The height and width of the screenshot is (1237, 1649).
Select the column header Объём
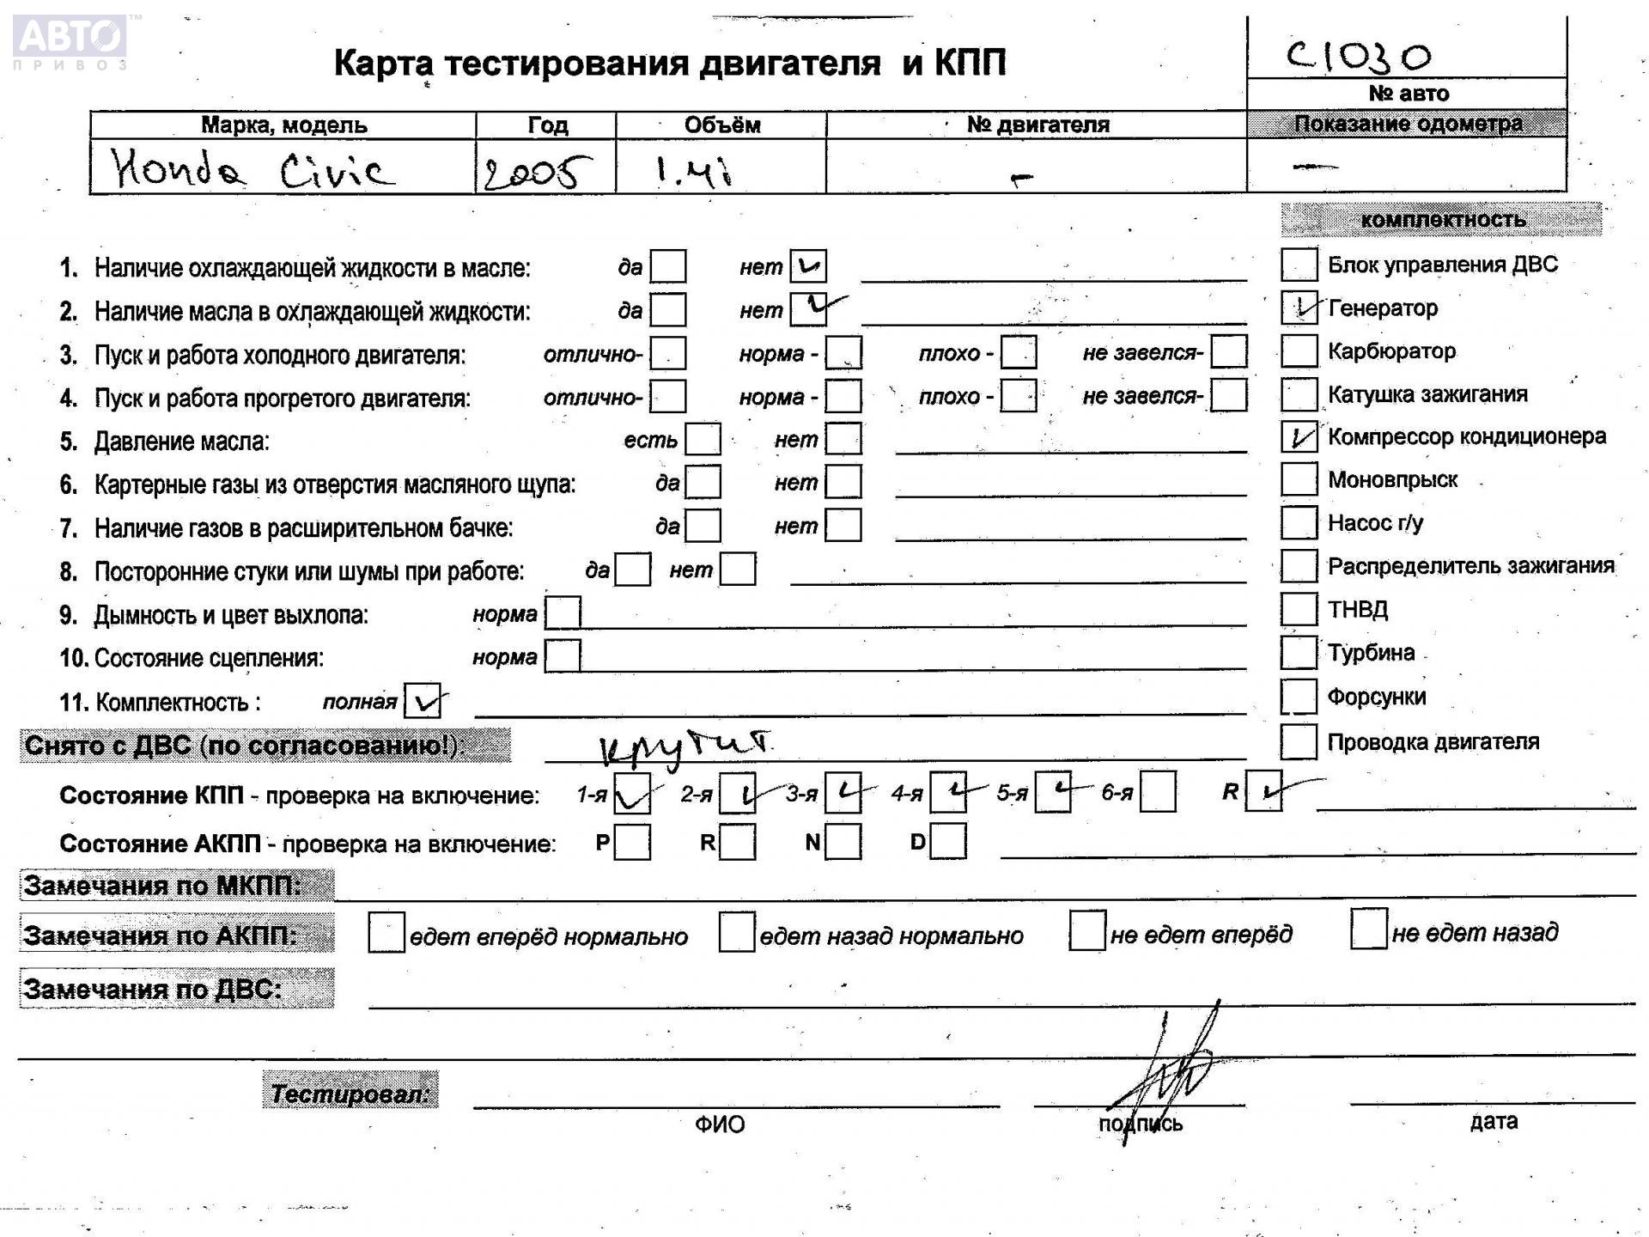click(721, 125)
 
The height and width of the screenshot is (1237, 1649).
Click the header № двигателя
click(1037, 125)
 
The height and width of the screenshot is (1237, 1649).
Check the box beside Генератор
click(1299, 308)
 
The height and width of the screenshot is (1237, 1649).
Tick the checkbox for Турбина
click(1299, 652)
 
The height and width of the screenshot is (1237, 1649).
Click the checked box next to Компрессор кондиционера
click(1299, 437)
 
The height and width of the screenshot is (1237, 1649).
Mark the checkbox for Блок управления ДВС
click(1299, 265)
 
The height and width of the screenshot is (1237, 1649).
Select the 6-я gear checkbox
click(1158, 792)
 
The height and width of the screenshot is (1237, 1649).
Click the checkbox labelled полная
click(422, 701)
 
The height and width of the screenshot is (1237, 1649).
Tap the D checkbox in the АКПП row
click(948, 842)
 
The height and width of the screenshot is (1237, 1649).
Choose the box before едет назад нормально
click(736, 933)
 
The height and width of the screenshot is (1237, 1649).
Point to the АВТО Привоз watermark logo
click(70, 40)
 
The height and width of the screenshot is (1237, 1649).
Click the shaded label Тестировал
click(350, 1093)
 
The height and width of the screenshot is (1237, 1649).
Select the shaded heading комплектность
click(1441, 220)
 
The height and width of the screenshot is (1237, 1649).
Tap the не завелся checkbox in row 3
click(1229, 352)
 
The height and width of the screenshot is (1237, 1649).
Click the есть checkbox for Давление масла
click(703, 440)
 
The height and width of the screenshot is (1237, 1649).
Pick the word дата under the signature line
click(1493, 1121)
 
